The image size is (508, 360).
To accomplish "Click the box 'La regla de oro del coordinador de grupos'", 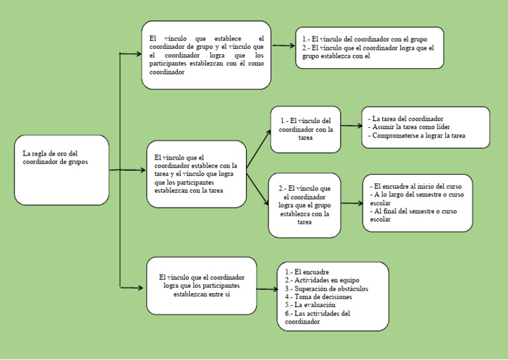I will point(62,169).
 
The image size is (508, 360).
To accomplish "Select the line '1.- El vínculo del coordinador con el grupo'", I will point(370,39).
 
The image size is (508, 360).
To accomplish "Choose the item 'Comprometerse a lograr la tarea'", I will point(417,136).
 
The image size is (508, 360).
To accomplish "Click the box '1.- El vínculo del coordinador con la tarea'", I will point(306,129).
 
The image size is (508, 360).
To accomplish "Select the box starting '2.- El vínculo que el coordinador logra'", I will point(304,205).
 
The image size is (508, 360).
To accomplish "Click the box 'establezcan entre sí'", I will point(201,286).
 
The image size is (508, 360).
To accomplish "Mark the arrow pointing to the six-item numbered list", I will point(267,289).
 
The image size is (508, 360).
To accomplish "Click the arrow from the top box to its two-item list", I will point(283,46).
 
